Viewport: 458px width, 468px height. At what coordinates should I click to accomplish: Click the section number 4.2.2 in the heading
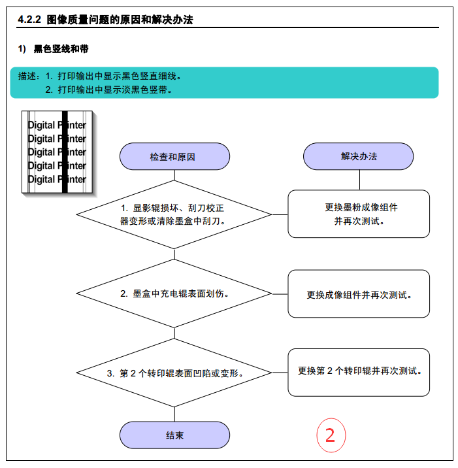[x=29, y=20]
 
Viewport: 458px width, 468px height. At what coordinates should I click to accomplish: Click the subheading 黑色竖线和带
[x=61, y=48]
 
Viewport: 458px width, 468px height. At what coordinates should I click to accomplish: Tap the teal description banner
[x=224, y=82]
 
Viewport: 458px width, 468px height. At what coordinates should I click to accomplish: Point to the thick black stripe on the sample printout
[x=65, y=152]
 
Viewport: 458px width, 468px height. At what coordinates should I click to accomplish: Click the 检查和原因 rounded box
[x=174, y=156]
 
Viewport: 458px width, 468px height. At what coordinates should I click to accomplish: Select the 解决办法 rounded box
[x=358, y=156]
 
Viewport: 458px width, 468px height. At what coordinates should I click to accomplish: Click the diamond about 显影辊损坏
[x=174, y=214]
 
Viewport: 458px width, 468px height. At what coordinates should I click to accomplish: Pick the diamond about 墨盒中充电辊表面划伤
[x=174, y=293]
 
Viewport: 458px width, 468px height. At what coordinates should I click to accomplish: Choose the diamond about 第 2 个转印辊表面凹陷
[x=174, y=373]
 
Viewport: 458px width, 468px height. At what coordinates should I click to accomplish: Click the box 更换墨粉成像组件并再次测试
[x=359, y=214]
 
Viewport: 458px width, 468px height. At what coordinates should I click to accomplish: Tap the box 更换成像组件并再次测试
[x=359, y=294]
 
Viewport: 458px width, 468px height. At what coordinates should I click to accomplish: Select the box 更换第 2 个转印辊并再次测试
[x=359, y=373]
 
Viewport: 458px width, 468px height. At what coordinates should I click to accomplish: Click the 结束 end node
[x=174, y=435]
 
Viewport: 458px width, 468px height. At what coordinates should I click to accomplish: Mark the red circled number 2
[x=331, y=435]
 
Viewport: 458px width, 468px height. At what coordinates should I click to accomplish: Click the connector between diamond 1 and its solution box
[x=280, y=214]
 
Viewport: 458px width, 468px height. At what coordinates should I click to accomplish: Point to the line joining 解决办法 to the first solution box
[x=359, y=180]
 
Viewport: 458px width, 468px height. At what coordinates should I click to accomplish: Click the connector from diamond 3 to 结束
[x=174, y=414]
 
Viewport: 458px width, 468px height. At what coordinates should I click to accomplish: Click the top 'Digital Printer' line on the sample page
[x=57, y=125]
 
